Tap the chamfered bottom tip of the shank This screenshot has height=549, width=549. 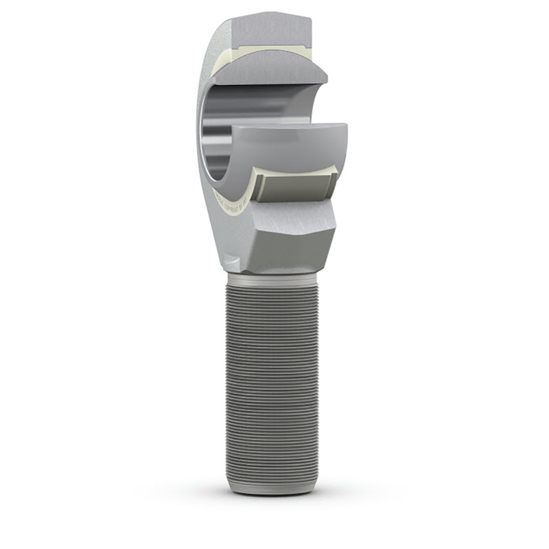click(272, 487)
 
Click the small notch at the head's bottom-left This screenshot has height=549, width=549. click(232, 264)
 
